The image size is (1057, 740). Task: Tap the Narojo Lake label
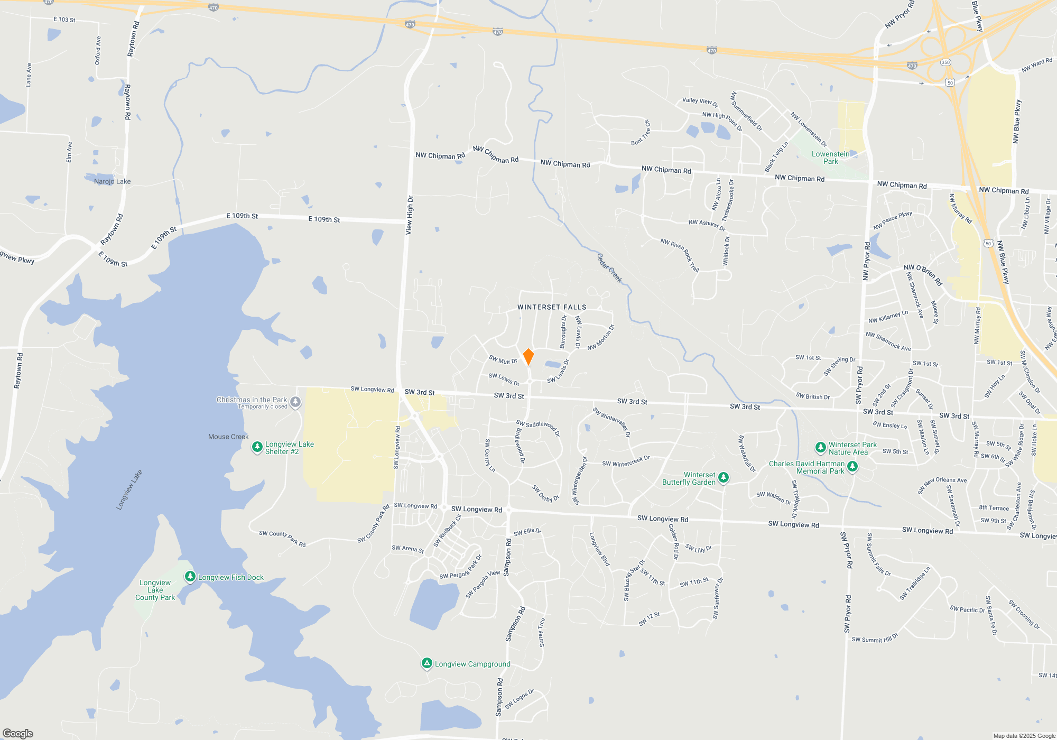pos(112,181)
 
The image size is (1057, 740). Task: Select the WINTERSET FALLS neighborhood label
pos(552,307)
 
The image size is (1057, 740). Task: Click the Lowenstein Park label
pos(830,158)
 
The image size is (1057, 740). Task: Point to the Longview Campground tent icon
pos(427,663)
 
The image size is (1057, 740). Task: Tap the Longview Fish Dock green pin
pos(190,577)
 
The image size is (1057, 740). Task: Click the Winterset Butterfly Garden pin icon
pos(724,478)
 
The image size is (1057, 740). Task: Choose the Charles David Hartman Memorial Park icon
pos(852,466)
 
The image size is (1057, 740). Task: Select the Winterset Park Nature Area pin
pos(820,448)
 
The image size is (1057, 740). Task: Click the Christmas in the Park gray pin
pos(295,402)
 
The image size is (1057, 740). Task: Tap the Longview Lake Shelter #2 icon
pos(257,447)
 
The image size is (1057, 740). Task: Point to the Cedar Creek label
pos(609,268)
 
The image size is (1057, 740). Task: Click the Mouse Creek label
pos(228,437)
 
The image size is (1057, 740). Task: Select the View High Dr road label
pos(410,215)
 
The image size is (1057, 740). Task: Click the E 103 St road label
pos(64,20)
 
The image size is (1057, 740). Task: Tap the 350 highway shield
pos(945,62)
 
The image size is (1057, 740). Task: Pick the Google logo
pos(18,733)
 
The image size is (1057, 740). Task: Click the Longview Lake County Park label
pos(155,590)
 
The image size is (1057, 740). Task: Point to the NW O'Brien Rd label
pos(923,274)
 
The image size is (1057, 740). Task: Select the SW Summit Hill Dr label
pos(875,638)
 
